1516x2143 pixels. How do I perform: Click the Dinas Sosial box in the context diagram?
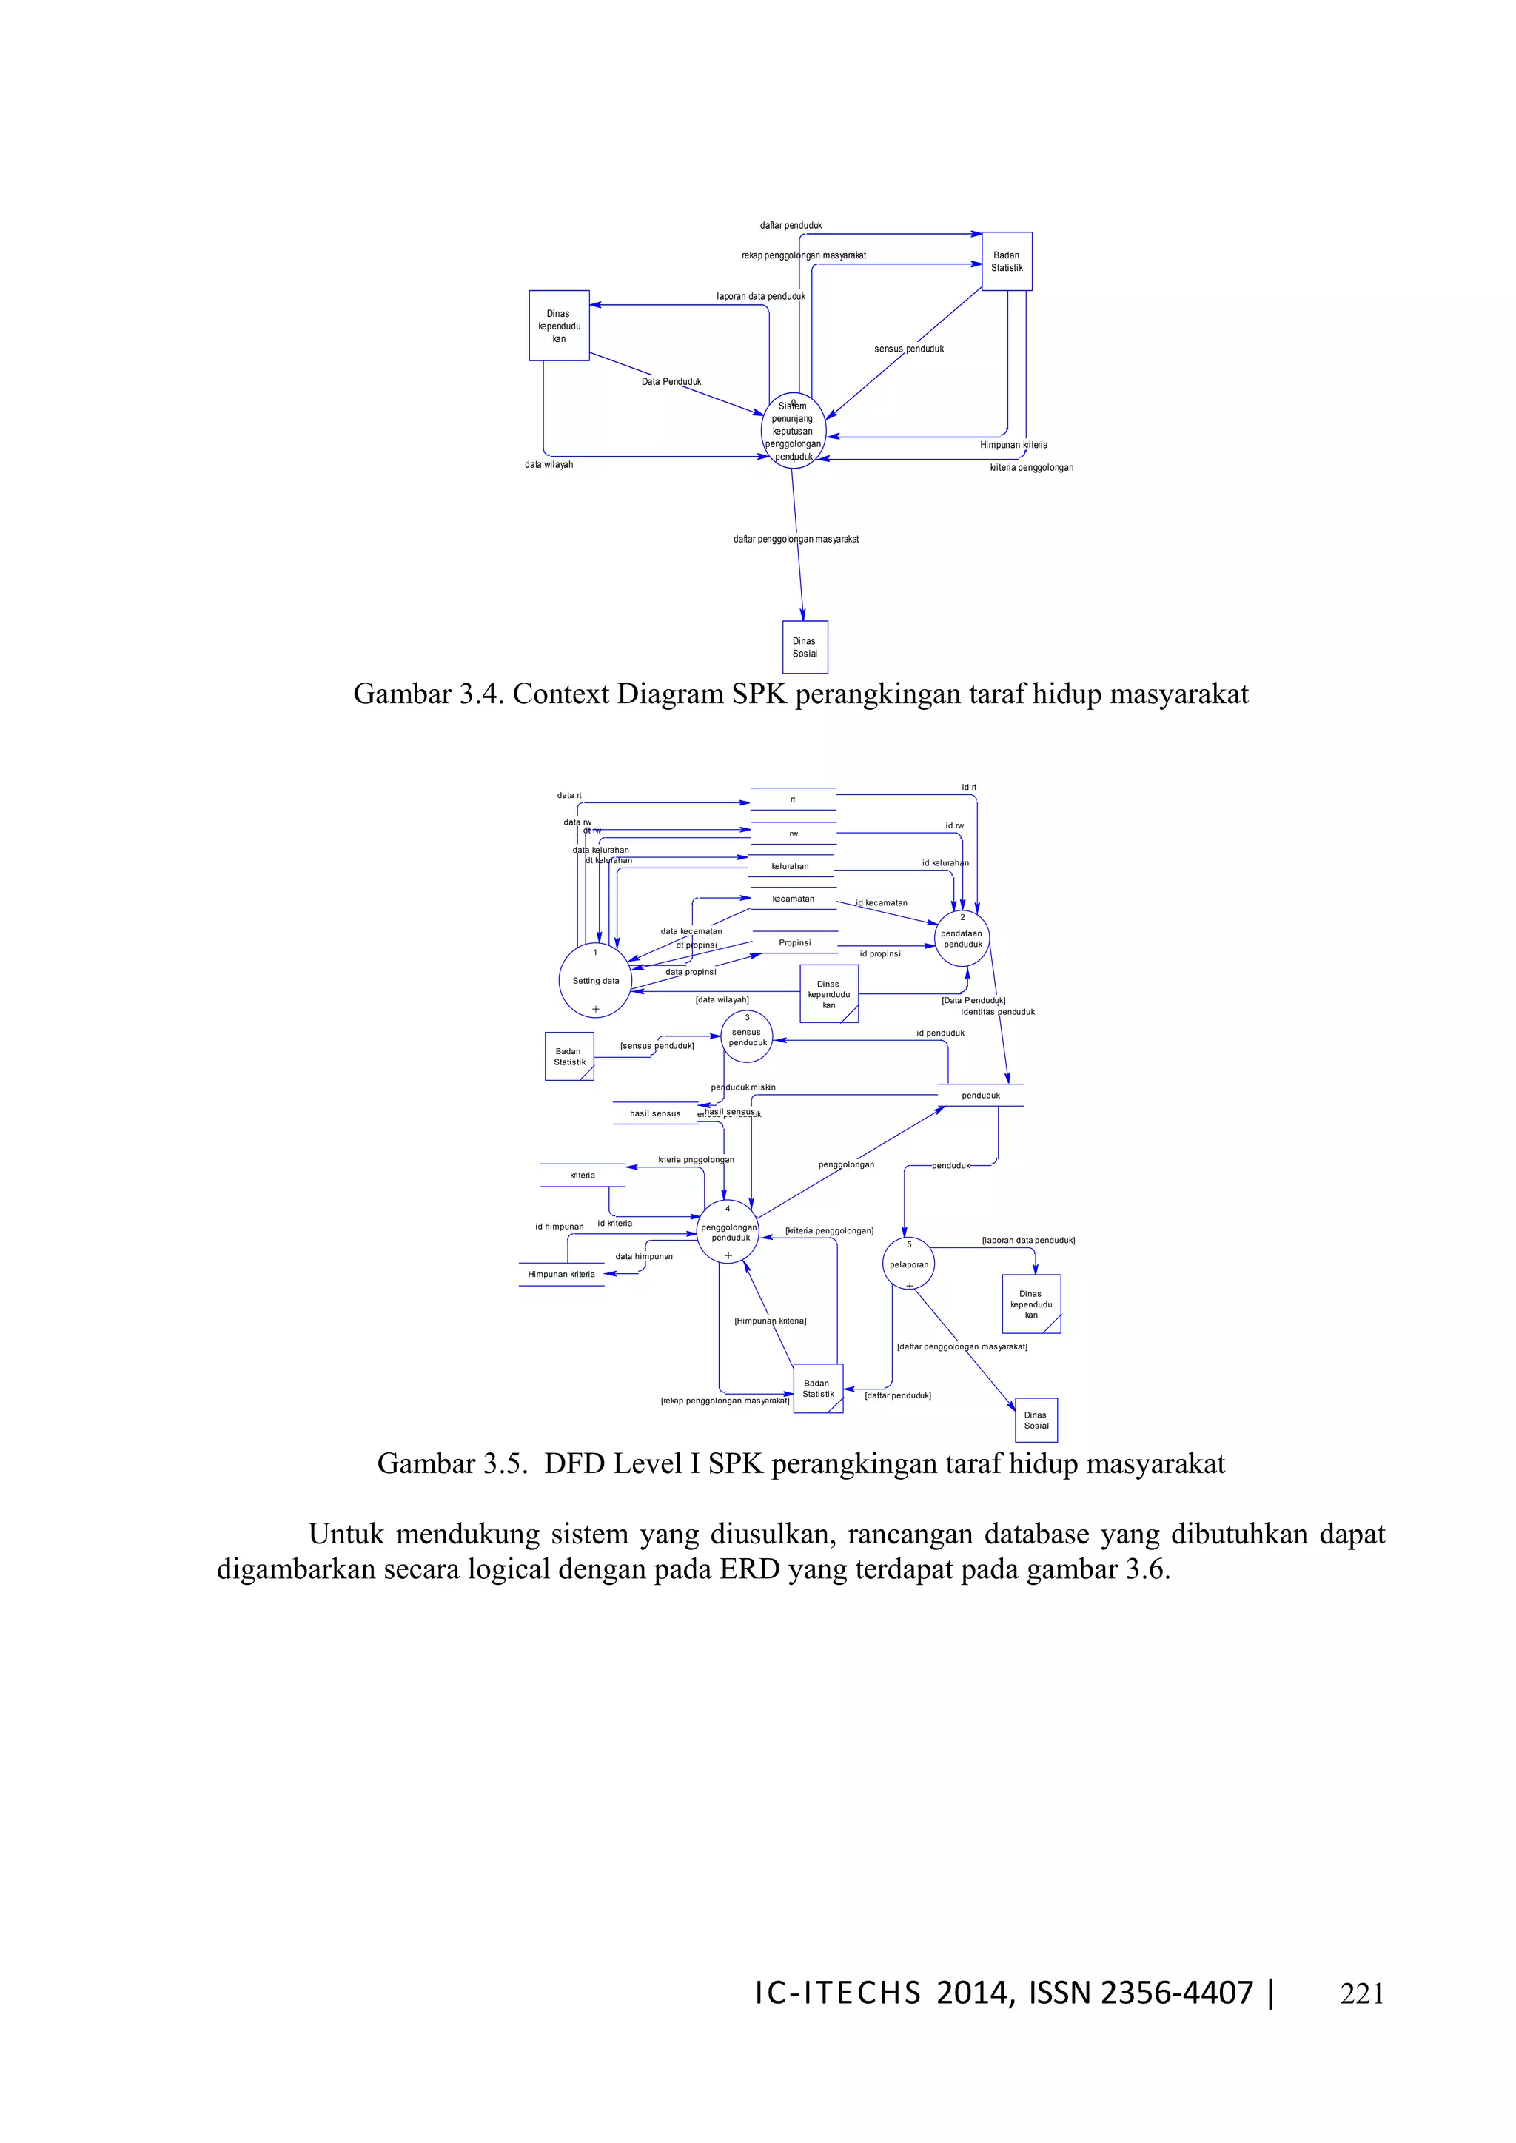click(x=805, y=647)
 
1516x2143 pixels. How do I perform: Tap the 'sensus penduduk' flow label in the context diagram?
click(x=908, y=349)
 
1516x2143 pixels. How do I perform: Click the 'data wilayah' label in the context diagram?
click(x=549, y=465)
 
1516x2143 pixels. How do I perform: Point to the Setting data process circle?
click(x=596, y=980)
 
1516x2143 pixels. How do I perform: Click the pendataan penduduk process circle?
click(x=962, y=938)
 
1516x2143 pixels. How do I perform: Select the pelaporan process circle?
click(x=908, y=1264)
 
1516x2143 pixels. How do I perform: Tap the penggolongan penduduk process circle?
click(x=729, y=1232)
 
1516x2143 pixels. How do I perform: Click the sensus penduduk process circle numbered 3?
click(x=747, y=1037)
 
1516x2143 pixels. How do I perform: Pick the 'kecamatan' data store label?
click(x=793, y=899)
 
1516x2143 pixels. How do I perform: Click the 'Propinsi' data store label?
click(x=794, y=942)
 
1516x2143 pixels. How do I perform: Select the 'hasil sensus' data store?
click(x=654, y=1113)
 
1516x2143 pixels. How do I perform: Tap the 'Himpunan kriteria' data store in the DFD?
click(x=561, y=1274)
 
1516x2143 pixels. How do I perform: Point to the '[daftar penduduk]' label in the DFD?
click(x=897, y=1395)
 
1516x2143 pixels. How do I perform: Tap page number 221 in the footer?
click(x=1361, y=1993)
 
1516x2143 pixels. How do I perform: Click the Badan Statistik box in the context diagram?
click(x=1006, y=261)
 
